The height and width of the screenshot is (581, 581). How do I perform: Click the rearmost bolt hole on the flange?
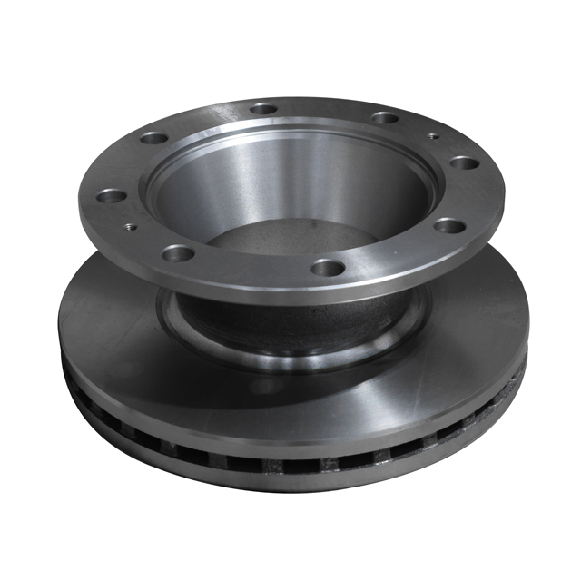pyautogui.click(x=264, y=109)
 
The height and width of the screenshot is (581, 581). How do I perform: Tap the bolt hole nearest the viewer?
pyautogui.click(x=329, y=268)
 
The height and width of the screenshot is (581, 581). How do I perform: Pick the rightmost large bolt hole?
pyautogui.click(x=463, y=164)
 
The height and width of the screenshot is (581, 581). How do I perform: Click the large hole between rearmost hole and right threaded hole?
pyautogui.click(x=385, y=118)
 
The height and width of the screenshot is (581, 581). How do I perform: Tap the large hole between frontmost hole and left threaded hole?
pyautogui.click(x=178, y=252)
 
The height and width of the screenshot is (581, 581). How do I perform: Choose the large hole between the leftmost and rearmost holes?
pyautogui.click(x=153, y=139)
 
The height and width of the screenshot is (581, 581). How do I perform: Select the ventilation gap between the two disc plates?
pyautogui.click(x=300, y=467)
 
